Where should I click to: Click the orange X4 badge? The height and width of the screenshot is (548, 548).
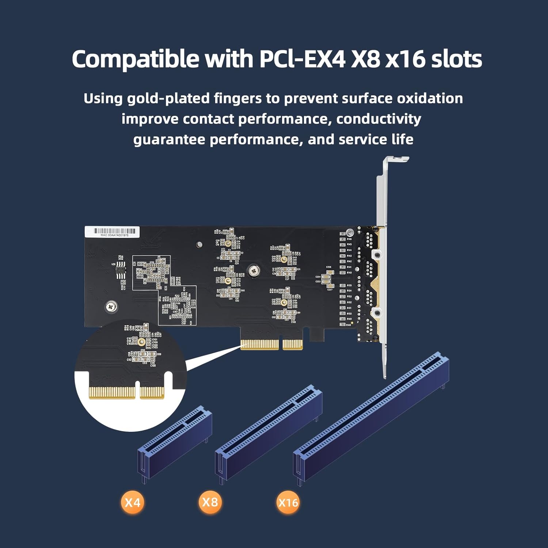(x=132, y=502)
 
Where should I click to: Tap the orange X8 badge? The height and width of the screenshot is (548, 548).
(x=210, y=502)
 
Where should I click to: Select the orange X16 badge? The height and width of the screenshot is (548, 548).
(x=288, y=503)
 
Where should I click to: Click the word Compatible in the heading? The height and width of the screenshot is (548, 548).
(x=136, y=59)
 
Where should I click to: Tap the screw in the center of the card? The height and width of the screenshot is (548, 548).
(x=254, y=271)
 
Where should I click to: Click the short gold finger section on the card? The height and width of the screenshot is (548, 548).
(x=293, y=345)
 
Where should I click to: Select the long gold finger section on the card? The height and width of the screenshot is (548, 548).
(x=259, y=345)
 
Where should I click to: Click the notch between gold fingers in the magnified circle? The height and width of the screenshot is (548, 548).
(x=137, y=389)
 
